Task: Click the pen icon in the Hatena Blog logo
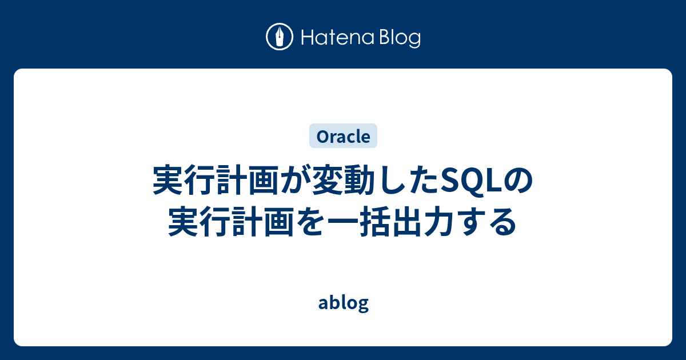pos(280,37)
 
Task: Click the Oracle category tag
pos(343,137)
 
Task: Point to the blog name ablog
pos(343,303)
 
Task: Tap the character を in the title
pos(310,222)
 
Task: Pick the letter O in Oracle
pos(322,137)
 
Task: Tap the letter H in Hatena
pos(306,38)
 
